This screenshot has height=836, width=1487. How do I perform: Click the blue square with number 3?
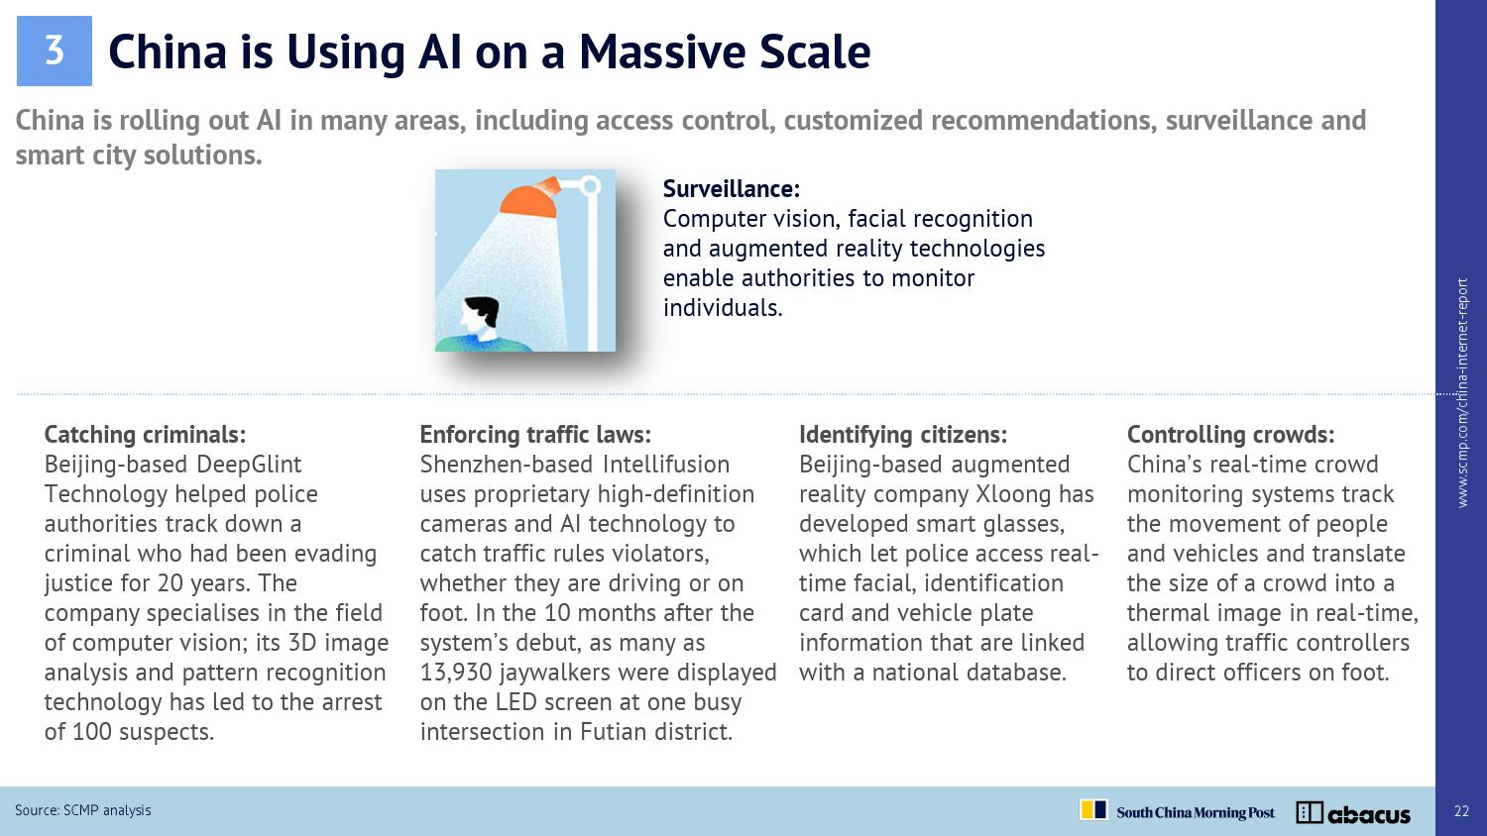tap(54, 52)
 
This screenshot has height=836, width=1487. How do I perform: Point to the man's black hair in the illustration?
tap(483, 309)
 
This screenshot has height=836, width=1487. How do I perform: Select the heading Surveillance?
tap(732, 189)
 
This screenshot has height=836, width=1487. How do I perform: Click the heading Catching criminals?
tap(145, 435)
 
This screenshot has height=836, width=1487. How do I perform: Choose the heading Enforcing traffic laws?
tap(535, 435)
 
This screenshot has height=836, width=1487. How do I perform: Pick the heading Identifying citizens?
tap(903, 435)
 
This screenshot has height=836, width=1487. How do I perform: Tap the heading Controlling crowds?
tap(1230, 435)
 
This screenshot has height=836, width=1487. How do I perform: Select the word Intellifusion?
tap(666, 465)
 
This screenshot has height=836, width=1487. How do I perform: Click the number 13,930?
tap(456, 673)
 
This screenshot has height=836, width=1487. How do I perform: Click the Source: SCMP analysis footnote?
tap(83, 810)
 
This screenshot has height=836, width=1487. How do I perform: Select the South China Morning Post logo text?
tap(1195, 813)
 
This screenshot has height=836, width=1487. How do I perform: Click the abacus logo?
tap(1353, 813)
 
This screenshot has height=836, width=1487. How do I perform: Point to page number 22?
tap(1461, 811)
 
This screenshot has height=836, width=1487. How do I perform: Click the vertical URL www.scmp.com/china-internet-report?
tap(1462, 393)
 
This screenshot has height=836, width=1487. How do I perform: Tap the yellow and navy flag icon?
tap(1093, 809)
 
